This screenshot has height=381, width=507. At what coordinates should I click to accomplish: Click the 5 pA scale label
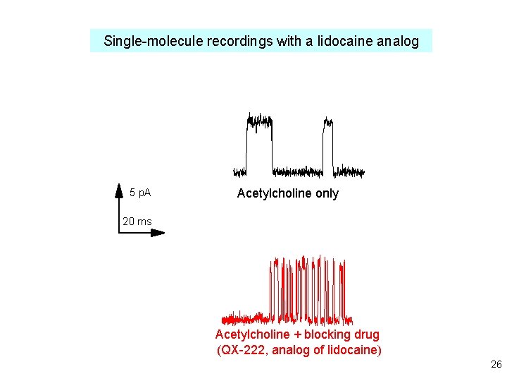point(140,193)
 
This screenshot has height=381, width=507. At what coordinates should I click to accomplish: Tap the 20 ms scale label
point(137,222)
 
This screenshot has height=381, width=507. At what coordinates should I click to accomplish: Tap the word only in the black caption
point(326,193)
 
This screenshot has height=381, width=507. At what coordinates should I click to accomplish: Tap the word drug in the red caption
point(366,334)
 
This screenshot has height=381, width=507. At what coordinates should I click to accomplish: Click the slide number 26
point(496,365)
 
